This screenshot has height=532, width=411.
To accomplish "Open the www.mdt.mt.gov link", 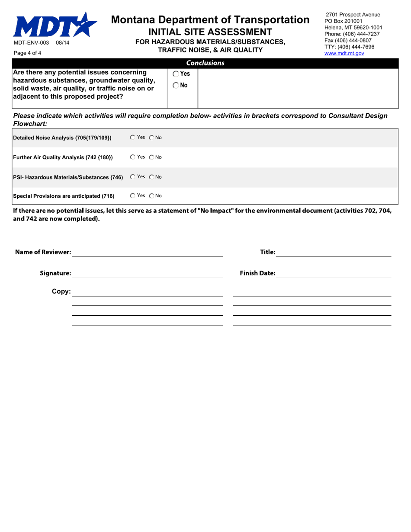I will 344,53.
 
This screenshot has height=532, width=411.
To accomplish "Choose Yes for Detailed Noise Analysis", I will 132,138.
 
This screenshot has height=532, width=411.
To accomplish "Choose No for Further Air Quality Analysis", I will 152,157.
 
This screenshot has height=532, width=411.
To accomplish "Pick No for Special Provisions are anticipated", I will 152,196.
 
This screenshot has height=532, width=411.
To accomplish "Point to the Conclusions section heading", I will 205,63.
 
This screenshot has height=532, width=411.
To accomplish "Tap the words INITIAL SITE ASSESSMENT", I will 210,32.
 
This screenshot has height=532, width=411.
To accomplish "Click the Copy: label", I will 61,292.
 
